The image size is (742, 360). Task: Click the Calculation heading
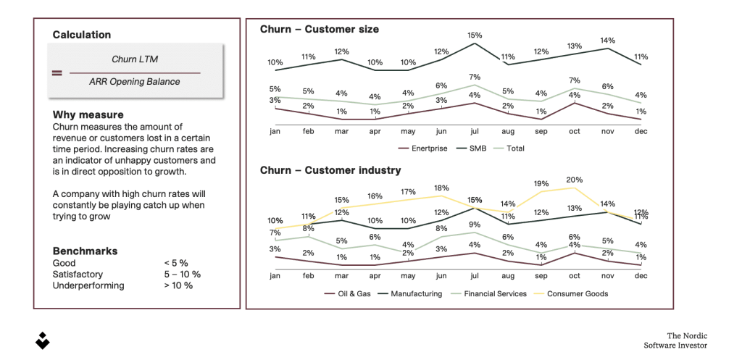(x=82, y=35)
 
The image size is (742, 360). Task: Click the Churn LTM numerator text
(x=134, y=59)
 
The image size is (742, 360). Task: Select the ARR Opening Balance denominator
(x=135, y=82)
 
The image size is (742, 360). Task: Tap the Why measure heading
(x=88, y=115)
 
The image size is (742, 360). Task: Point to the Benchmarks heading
(x=85, y=251)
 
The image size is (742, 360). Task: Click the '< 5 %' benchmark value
(x=178, y=264)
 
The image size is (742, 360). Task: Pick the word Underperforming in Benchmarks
(x=88, y=285)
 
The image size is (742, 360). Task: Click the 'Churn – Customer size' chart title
(x=320, y=30)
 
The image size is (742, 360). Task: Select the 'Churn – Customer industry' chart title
(x=330, y=170)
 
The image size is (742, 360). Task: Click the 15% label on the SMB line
(x=475, y=35)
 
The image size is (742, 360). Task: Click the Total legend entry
(x=514, y=148)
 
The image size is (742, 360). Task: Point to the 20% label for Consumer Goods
(x=575, y=180)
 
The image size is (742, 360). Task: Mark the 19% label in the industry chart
(x=541, y=184)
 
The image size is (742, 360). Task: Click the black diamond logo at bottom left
(x=43, y=340)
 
